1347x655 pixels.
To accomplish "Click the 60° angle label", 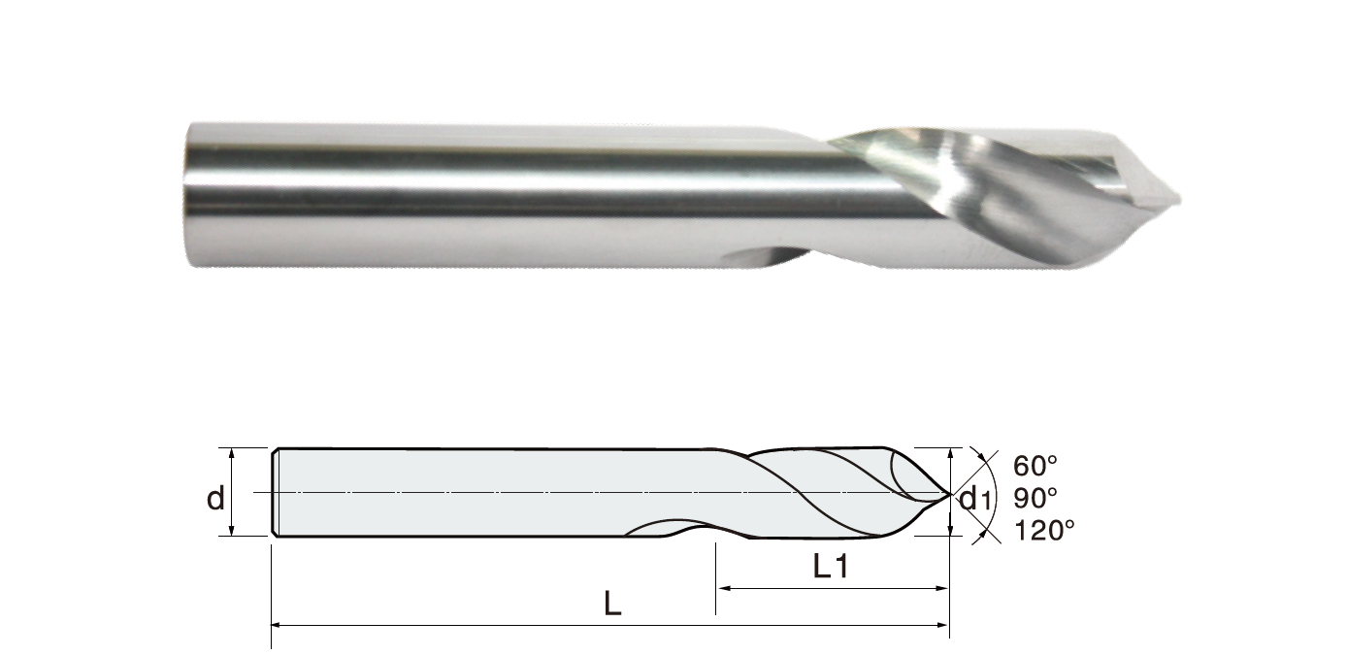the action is (1035, 466).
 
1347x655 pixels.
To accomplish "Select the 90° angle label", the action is (1035, 498).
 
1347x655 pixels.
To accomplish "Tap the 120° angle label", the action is (1044, 531).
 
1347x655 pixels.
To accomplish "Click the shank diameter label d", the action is (215, 498).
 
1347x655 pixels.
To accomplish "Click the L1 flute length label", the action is (831, 566).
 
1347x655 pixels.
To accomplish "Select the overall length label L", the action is (612, 603).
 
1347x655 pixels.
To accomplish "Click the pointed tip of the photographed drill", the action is (1180, 199).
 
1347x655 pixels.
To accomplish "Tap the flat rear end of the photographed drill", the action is (187, 194).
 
